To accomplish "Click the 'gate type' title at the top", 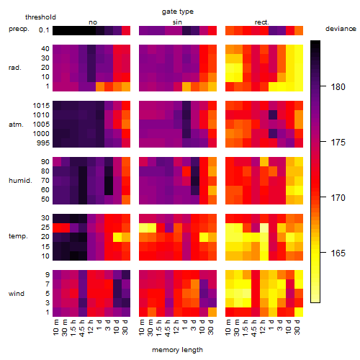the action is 178,12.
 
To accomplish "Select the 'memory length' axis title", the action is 177,350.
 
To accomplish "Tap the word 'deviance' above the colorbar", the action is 341,29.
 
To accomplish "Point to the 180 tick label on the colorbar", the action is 338,86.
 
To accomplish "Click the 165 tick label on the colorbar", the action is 338,253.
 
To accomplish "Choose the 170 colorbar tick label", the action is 338,197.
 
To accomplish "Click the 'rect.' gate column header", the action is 261,22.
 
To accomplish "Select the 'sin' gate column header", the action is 177,22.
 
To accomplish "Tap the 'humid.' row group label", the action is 20,181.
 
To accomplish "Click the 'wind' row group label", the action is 17,294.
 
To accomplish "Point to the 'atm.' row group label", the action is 16,125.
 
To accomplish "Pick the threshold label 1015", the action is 41,106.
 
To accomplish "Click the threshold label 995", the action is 43,143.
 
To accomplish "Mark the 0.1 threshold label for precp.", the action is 44,30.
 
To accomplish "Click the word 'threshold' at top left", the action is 40,17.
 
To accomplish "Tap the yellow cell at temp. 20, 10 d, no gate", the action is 117,238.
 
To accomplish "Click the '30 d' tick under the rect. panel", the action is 297,327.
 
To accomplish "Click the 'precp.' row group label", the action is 19,29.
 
